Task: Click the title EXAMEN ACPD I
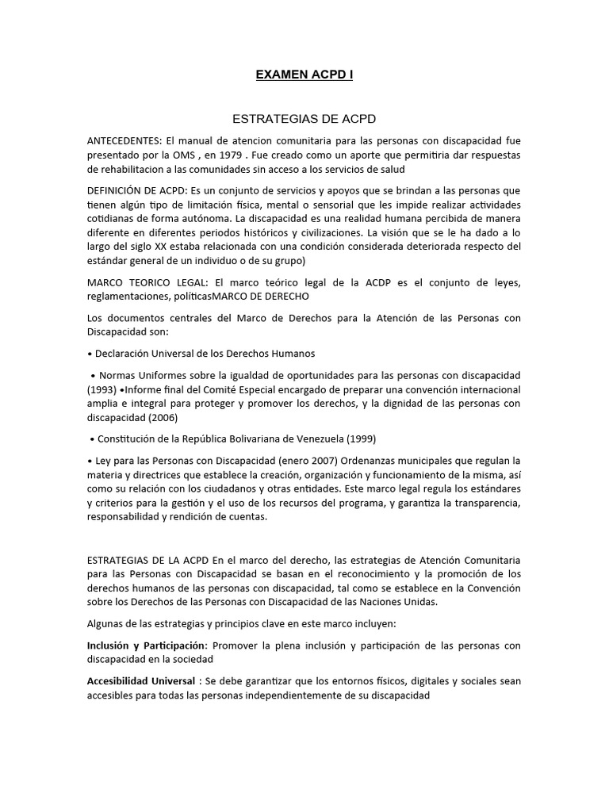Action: (x=304, y=75)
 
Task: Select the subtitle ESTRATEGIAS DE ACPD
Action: (x=304, y=119)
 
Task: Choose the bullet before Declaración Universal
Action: (x=90, y=354)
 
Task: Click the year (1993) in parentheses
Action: (x=101, y=389)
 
